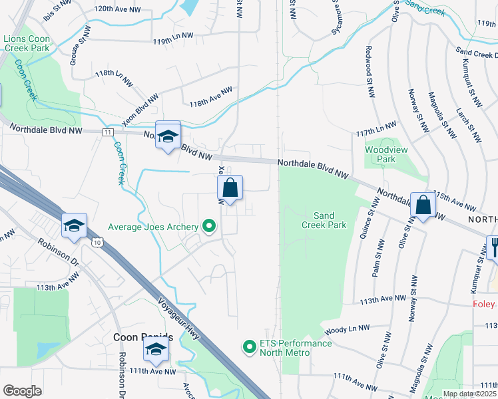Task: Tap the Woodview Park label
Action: tap(381, 154)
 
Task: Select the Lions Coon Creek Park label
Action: tap(27, 44)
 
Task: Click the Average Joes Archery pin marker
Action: tap(209, 227)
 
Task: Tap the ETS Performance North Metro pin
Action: tap(250, 347)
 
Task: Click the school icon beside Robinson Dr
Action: tap(74, 225)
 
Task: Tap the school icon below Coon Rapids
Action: tap(156, 348)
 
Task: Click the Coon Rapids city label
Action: tap(143, 337)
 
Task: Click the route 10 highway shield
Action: tap(98, 243)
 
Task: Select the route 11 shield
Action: tap(107, 132)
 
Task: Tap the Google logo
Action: tap(22, 391)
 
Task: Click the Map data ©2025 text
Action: tap(469, 394)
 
